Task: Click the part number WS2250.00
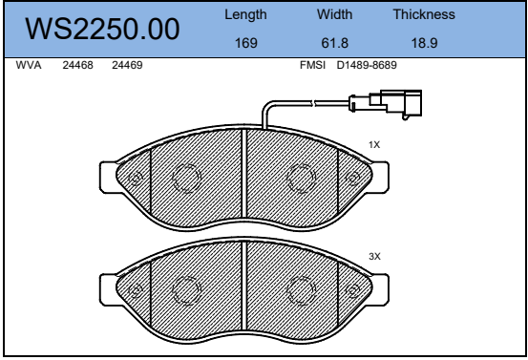[x=102, y=29]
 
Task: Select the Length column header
[x=245, y=14]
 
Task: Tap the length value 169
[x=245, y=43]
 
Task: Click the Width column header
[x=334, y=14]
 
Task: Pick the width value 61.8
[x=335, y=43]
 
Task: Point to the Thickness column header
[x=424, y=14]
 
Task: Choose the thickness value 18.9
[x=424, y=43]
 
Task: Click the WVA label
[x=29, y=65]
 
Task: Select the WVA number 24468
[x=77, y=65]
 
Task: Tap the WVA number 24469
[x=127, y=65]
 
